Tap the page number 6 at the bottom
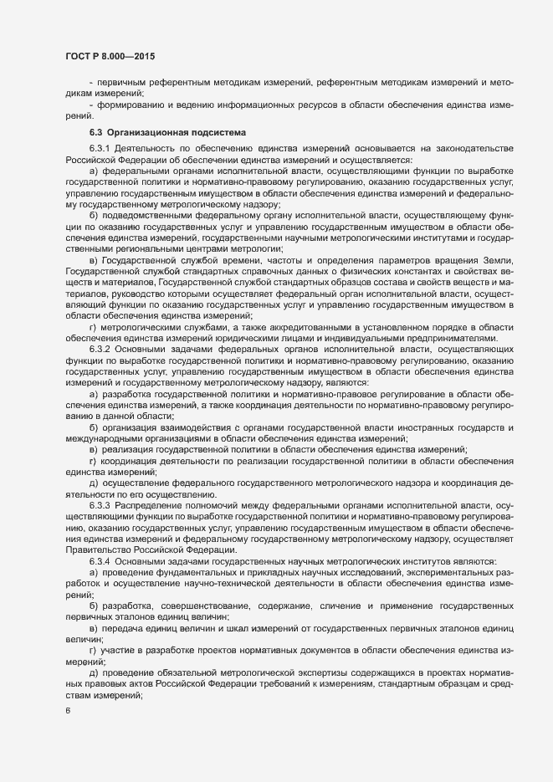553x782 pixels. [68, 711]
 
